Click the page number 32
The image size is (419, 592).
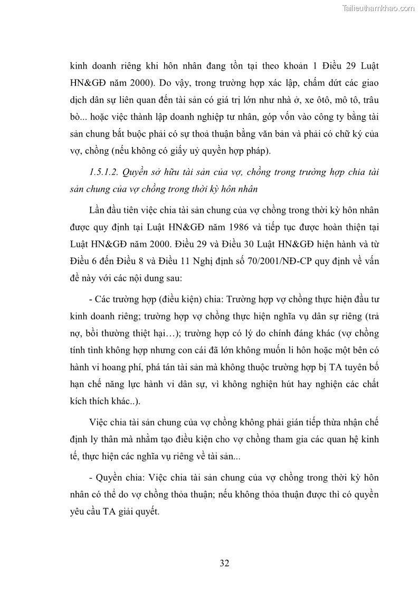(224, 564)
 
